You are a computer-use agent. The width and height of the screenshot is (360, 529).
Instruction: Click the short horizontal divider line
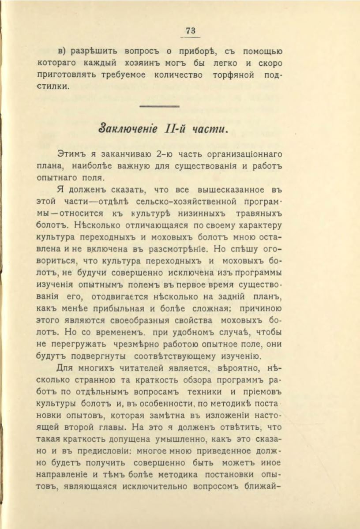159,106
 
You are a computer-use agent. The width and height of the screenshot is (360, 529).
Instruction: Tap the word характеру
262,226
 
